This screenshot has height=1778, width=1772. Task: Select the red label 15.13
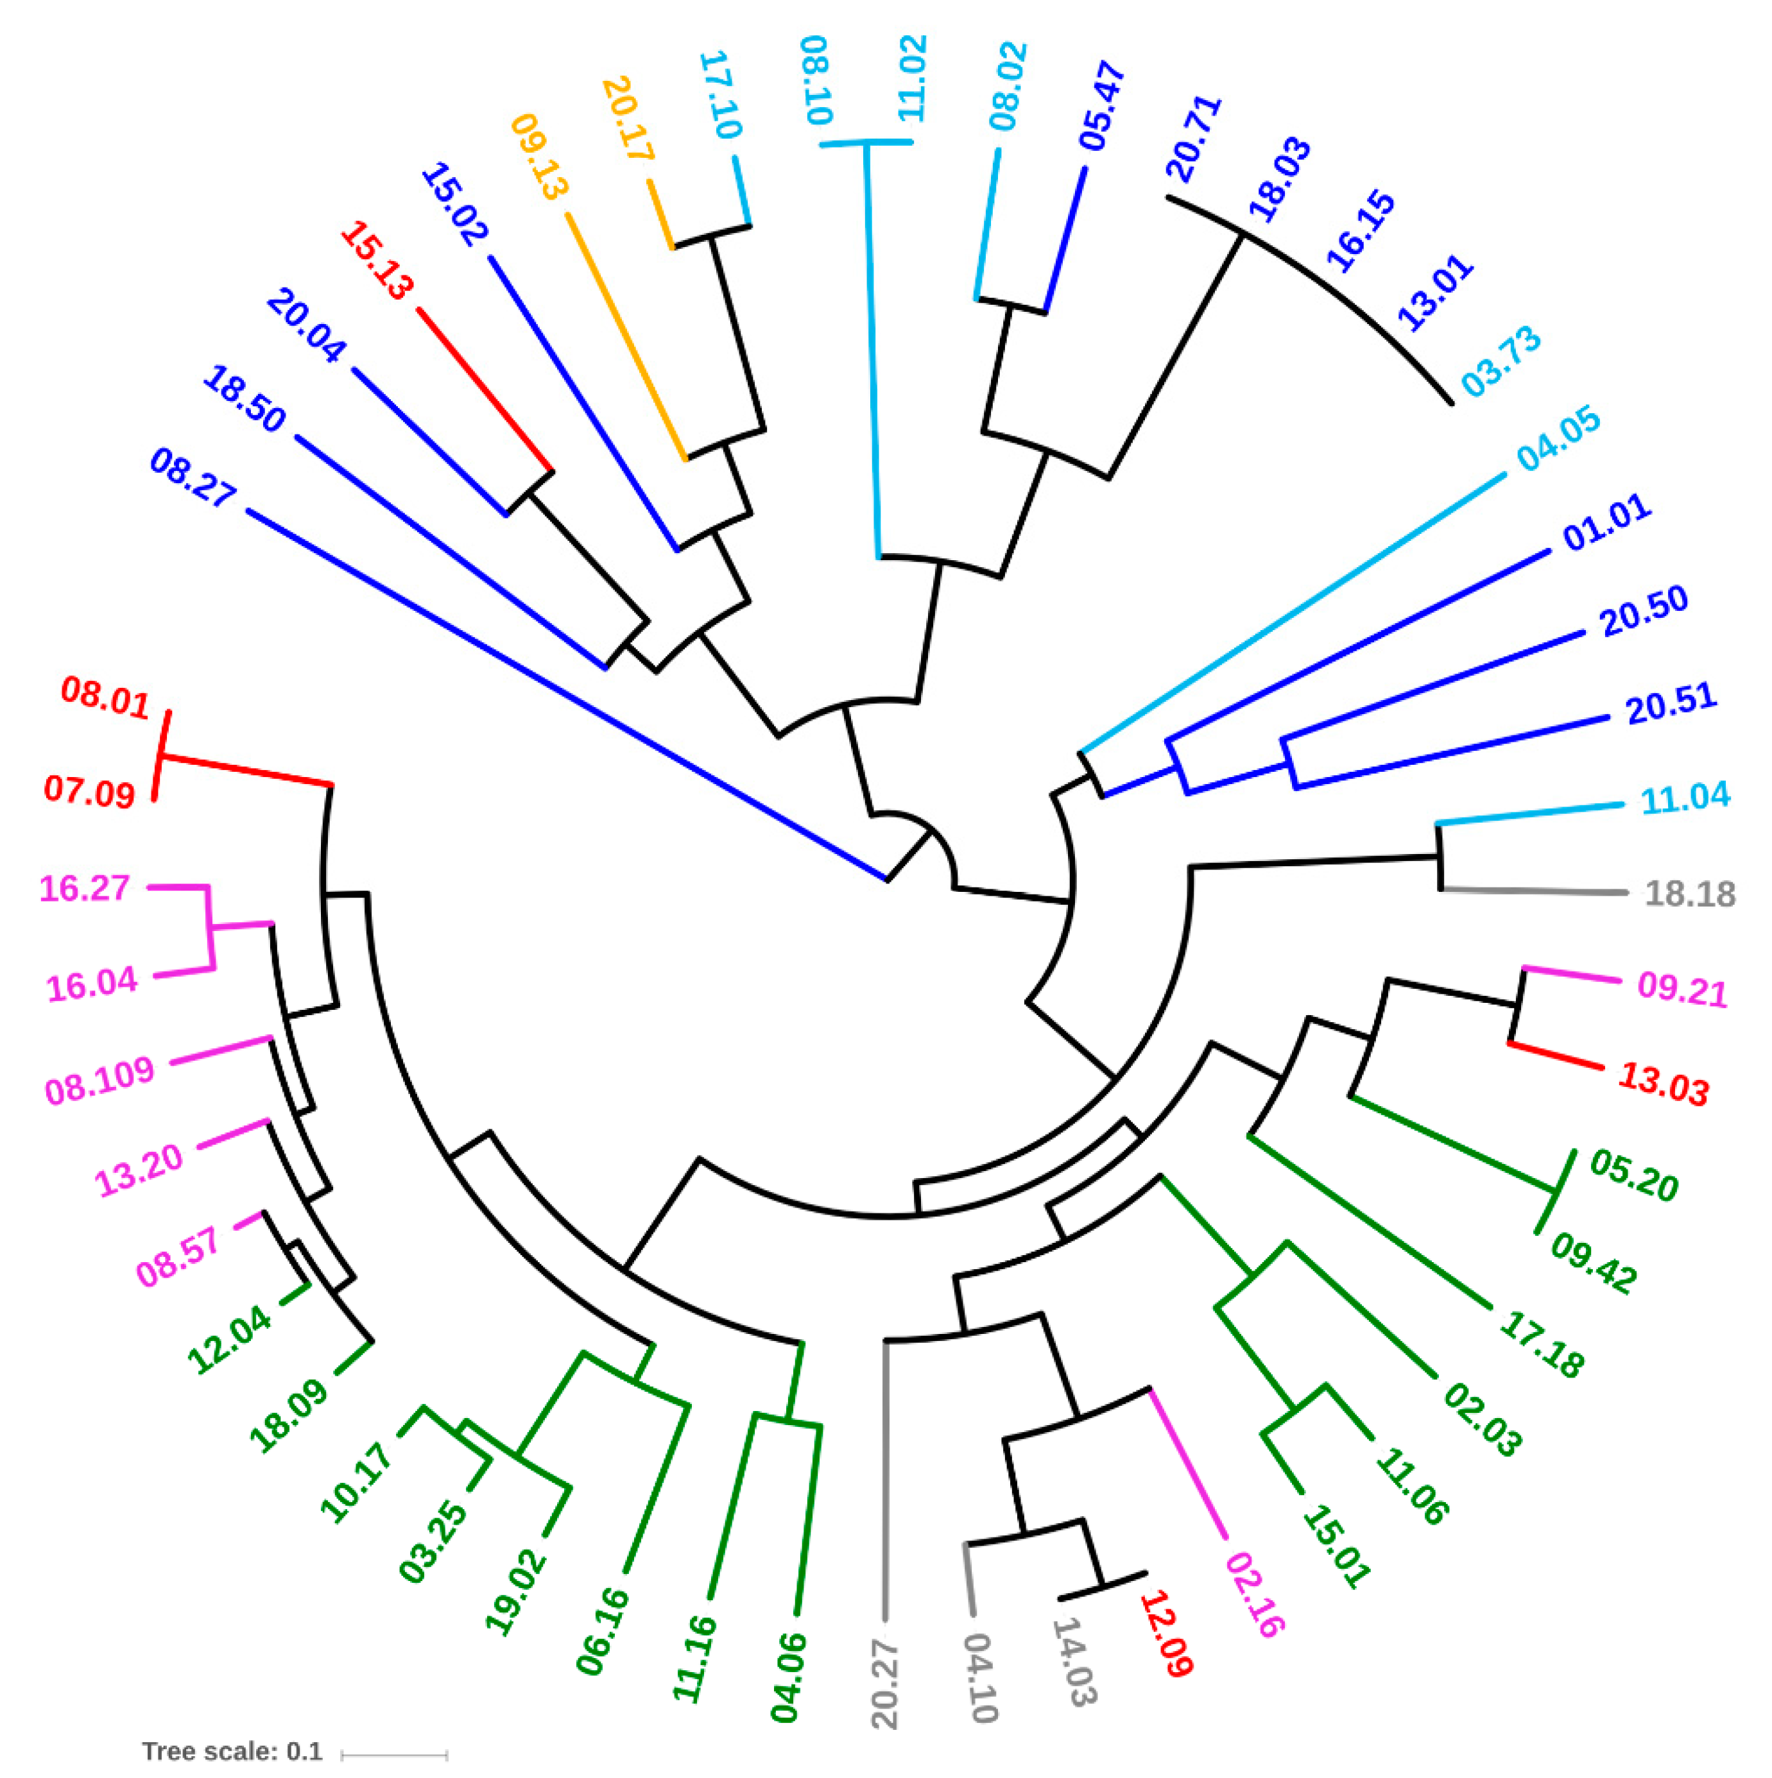click(x=375, y=261)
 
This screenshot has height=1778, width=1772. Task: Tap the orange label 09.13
click(x=539, y=157)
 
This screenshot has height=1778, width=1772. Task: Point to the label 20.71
click(x=1193, y=138)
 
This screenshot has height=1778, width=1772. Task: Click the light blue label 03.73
click(x=1501, y=362)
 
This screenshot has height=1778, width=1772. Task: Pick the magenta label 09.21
click(x=1682, y=989)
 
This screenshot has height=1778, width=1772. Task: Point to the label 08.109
click(x=99, y=1081)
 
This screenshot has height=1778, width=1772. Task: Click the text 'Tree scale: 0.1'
click(x=232, y=1751)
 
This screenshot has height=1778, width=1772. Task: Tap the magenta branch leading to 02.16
click(x=1187, y=1462)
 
